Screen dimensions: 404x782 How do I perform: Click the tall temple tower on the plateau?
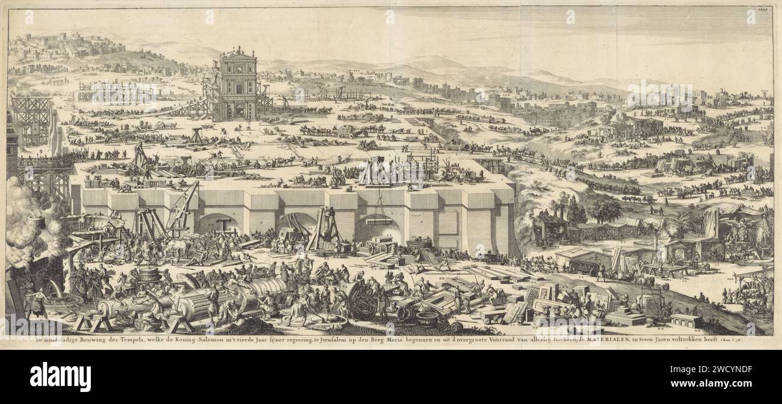tap(236, 84)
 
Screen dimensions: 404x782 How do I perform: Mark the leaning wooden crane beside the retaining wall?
tap(183, 207)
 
